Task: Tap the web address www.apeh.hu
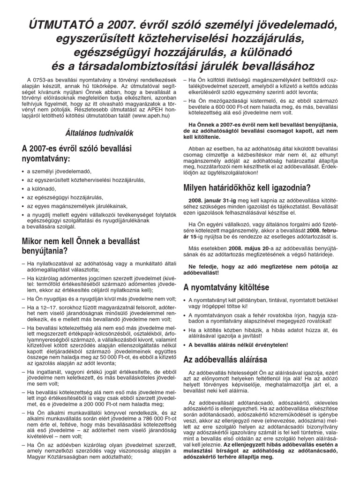click(x=143, y=114)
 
